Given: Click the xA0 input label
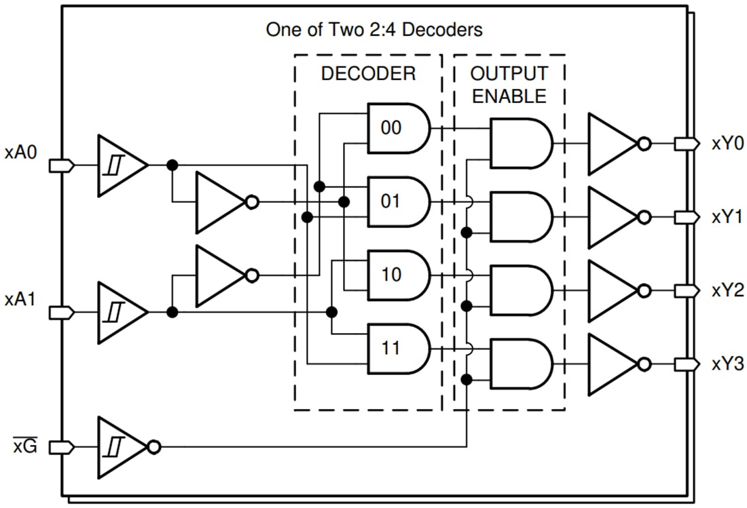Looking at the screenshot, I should tap(20, 152).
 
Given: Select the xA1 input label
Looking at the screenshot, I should tap(20, 299).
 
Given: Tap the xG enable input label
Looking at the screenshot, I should tap(25, 448).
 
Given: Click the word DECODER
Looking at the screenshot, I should tap(368, 73).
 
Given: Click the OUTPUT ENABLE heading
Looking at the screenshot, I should tap(509, 84).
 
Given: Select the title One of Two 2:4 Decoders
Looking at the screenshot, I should tap(374, 30).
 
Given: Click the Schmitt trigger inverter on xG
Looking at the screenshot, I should tap(122, 448).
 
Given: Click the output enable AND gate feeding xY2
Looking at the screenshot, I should tap(520, 290).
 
